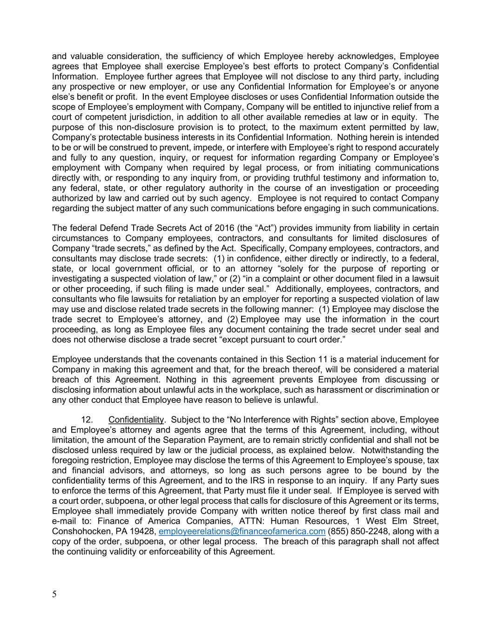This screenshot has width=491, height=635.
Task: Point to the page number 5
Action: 54,594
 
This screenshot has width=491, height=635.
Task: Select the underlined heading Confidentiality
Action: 136,420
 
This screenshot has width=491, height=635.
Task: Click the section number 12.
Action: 87,420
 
